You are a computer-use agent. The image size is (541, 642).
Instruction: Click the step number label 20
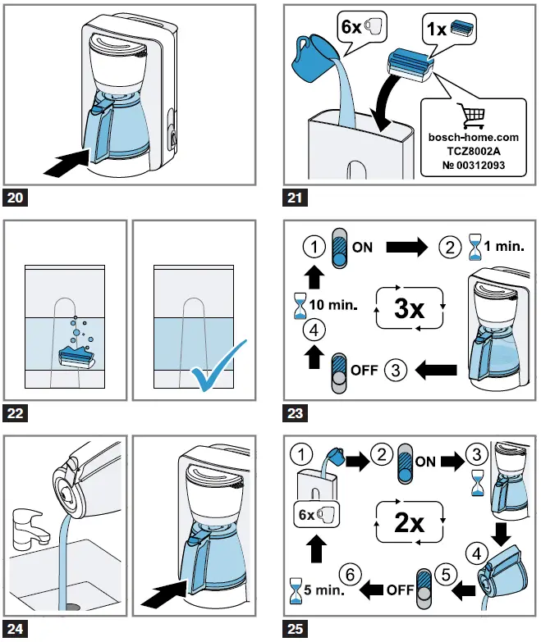[x=17, y=198]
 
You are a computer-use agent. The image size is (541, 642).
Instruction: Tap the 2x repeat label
[x=409, y=522]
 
